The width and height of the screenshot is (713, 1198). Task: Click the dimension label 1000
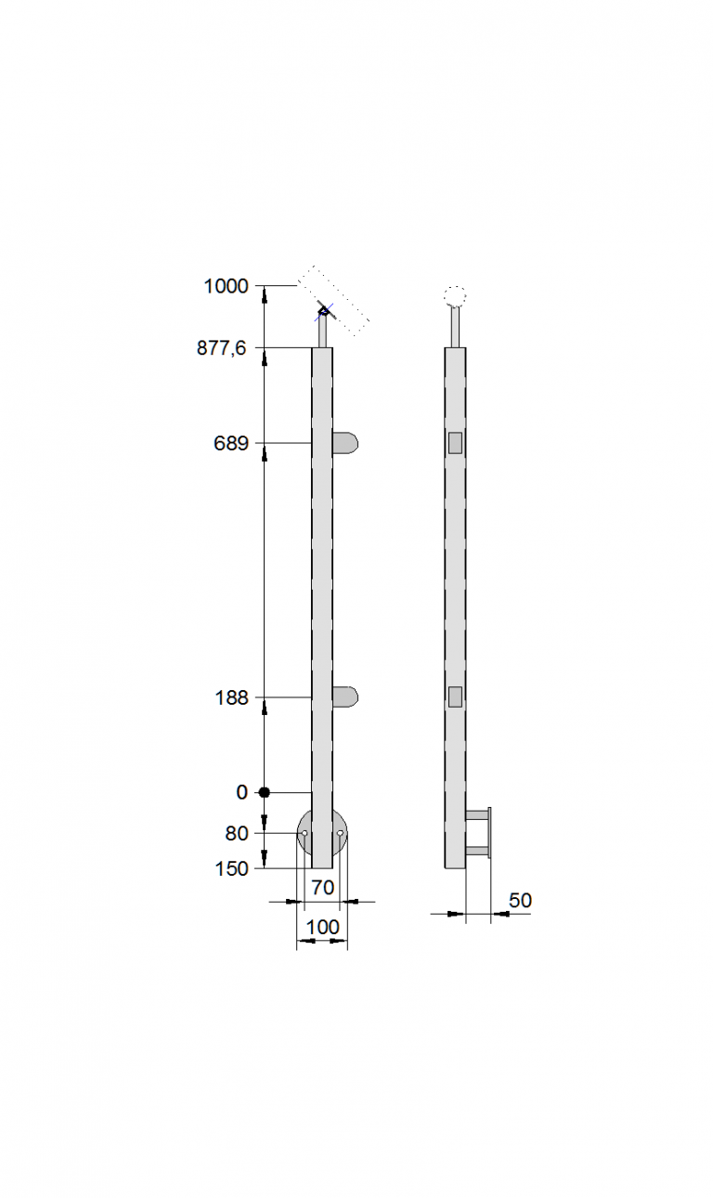(x=227, y=287)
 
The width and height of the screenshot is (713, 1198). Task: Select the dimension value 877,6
(x=222, y=348)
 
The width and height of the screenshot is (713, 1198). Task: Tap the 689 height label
(x=231, y=443)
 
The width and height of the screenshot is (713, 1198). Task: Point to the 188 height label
(x=231, y=698)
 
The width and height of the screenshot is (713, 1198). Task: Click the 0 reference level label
(x=242, y=792)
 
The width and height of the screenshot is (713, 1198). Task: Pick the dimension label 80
(x=236, y=834)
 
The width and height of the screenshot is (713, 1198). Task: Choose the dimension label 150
(x=231, y=869)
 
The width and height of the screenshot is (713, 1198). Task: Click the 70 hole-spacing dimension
(x=323, y=888)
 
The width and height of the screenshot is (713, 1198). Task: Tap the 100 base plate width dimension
(x=323, y=927)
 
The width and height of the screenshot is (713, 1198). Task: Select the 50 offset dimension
(x=520, y=901)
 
